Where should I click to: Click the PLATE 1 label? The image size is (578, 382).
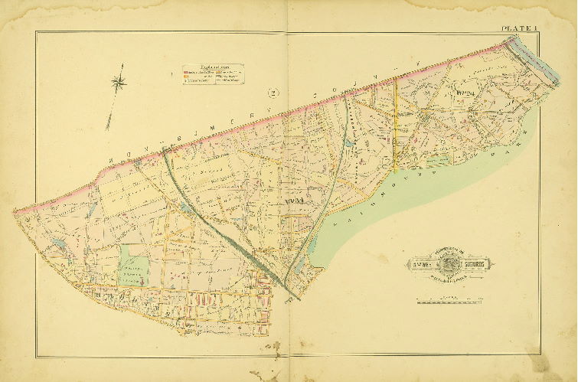pos(521,29)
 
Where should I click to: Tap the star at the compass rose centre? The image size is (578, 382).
pos(119,80)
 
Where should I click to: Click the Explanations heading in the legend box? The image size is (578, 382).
pos(211,67)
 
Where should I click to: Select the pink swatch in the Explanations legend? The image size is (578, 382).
pos(185,73)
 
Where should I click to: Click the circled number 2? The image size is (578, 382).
pos(272,94)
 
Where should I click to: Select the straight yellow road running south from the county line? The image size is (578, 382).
pos(395,115)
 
